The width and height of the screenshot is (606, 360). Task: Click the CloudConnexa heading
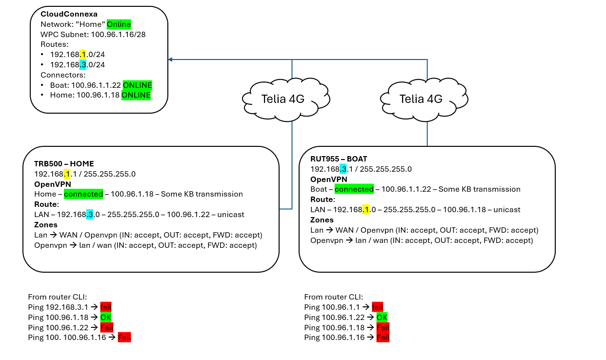(69, 14)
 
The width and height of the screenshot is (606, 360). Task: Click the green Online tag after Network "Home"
(119, 24)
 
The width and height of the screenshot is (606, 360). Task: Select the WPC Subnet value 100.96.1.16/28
(118, 35)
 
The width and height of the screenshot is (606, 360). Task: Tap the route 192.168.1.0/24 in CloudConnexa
(78, 55)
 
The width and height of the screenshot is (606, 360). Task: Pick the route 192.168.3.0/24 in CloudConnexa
(78, 65)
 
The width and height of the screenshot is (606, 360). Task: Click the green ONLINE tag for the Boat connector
(137, 85)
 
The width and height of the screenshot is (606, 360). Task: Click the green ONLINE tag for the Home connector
(136, 95)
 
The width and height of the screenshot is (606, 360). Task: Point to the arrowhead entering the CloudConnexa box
(170, 60)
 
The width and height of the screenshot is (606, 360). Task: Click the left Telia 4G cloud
(286, 100)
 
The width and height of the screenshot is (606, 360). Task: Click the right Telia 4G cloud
(424, 100)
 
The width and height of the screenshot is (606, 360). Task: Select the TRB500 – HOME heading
(64, 163)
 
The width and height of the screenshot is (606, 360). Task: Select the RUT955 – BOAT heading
(339, 159)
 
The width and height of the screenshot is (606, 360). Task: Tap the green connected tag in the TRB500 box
(83, 194)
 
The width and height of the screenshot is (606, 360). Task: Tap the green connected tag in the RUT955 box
(354, 189)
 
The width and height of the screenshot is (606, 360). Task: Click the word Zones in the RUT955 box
(322, 220)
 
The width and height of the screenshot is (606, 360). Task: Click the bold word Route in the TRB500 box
(46, 204)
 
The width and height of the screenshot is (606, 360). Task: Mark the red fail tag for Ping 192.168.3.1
(106, 307)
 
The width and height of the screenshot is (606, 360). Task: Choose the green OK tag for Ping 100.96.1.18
(106, 317)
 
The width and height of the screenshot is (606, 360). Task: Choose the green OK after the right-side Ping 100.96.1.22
(382, 317)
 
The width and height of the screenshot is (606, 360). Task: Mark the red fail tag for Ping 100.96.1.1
(377, 307)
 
